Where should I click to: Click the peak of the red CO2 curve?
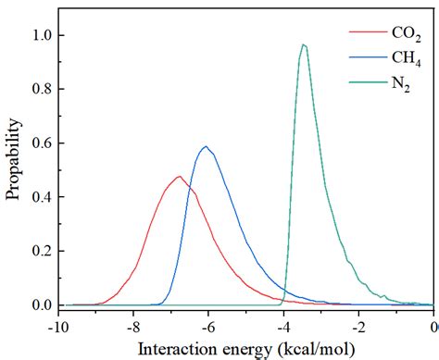coord(179,176)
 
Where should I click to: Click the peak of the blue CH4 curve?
coord(206,146)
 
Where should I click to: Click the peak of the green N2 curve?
coord(303,44)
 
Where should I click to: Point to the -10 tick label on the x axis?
coord(56,326)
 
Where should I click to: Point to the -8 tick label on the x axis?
coord(132,326)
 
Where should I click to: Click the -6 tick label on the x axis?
coord(208,326)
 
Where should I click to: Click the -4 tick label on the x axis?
coord(283,326)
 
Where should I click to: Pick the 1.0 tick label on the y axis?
coord(42,35)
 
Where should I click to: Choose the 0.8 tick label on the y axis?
coord(42,89)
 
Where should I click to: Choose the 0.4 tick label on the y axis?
coord(42,197)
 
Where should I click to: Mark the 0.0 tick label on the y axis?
coord(42,305)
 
